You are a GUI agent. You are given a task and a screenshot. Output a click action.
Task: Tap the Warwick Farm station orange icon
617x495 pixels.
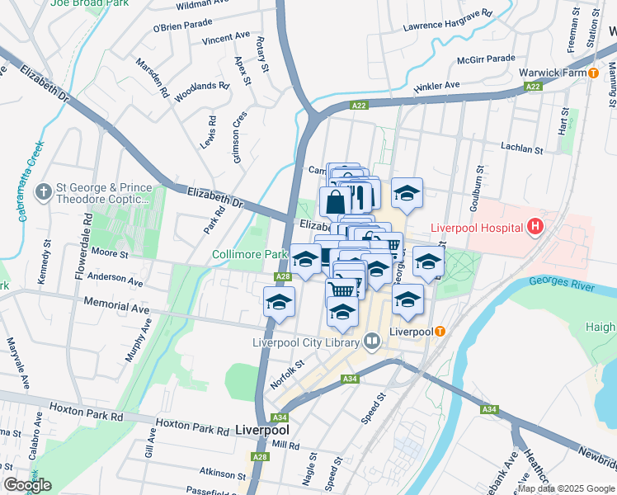593,73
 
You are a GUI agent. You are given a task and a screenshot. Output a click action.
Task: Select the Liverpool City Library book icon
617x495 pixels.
372,341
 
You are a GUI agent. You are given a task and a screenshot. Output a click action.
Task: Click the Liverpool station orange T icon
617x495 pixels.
440,332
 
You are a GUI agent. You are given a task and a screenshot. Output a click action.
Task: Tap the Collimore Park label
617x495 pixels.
249,254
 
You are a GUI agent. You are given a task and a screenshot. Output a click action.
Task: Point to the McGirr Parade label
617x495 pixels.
486,59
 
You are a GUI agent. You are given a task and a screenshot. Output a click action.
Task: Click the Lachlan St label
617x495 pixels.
521,149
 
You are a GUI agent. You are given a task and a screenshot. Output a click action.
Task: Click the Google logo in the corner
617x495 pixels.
27,485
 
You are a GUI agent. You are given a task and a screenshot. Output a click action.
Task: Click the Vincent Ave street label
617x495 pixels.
225,38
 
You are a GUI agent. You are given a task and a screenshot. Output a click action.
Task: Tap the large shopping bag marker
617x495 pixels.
335,201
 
